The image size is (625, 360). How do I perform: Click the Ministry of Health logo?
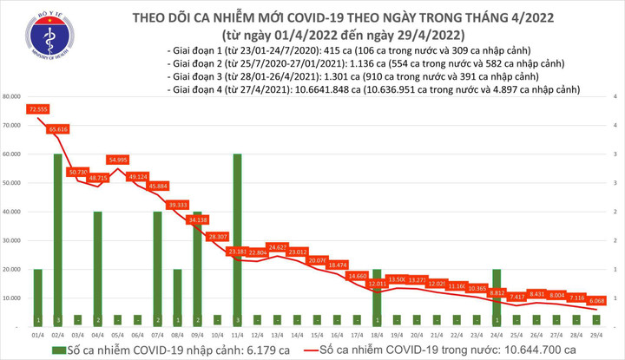tap(48, 36)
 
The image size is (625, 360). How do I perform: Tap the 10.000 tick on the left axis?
tap(15, 298)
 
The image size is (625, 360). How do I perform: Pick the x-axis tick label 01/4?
tap(37, 334)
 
